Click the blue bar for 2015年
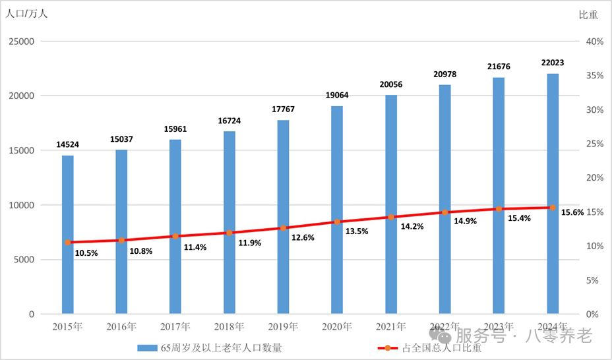[x=68, y=234]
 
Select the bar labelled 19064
[x=337, y=210]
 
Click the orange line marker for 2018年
[x=229, y=233]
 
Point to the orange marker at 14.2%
[x=391, y=217]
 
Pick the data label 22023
[x=553, y=63]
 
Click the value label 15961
[x=175, y=129]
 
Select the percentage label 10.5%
[x=86, y=253]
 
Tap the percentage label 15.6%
[x=572, y=213]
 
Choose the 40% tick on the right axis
[x=594, y=42]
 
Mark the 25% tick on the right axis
[x=594, y=144]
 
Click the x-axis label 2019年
[x=283, y=326]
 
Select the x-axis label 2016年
[x=121, y=326]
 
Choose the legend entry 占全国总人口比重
[x=441, y=347]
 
